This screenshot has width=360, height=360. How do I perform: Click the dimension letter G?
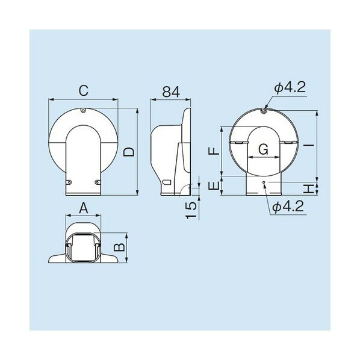point(263,148)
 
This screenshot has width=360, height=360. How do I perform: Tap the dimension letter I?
point(308,146)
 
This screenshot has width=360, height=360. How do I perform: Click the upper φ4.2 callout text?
point(290,88)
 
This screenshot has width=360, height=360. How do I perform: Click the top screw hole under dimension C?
point(84,110)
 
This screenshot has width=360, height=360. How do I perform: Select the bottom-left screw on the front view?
point(69,182)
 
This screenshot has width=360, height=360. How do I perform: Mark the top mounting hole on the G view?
point(265,110)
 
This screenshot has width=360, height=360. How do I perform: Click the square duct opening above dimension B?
point(84,247)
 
